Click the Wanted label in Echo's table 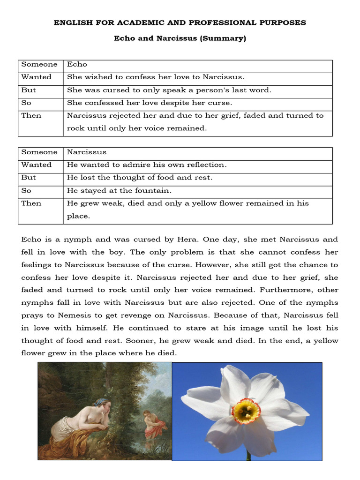pyautogui.click(x=37, y=77)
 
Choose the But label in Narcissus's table pyautogui.click(x=29, y=178)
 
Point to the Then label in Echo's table pyautogui.click(x=31, y=116)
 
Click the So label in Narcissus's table pyautogui.click(x=26, y=190)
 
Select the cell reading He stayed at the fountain pyautogui.click(x=120, y=190)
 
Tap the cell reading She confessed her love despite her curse pyautogui.click(x=150, y=103)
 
